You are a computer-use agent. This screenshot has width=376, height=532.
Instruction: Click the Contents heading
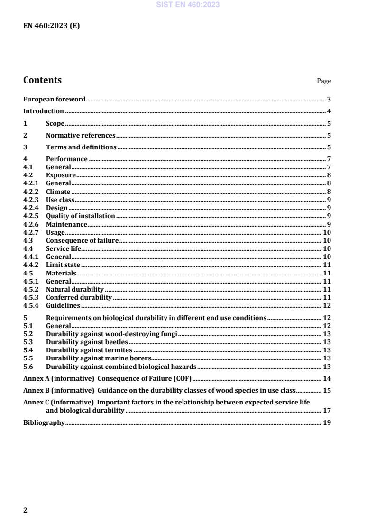[42, 80]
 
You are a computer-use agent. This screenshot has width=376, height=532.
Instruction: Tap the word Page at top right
[324, 81]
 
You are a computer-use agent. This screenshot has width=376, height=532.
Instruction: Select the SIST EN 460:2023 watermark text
[188, 5]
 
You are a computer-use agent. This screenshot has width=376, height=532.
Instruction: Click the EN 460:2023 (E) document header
[52, 26]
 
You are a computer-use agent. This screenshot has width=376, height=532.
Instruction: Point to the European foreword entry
[55, 100]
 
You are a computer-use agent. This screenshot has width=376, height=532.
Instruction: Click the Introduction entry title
[44, 111]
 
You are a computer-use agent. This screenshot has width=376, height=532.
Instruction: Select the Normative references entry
[81, 135]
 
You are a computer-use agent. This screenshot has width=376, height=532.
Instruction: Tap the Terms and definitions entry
[81, 147]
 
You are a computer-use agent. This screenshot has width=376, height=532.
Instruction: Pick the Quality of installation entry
[81, 216]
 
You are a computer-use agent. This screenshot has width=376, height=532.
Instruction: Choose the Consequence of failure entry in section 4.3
[82, 240]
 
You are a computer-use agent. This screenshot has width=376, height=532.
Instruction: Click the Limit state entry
[63, 265]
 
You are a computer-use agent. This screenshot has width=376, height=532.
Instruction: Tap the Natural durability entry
[74, 289]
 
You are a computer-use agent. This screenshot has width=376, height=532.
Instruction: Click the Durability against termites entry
[89, 350]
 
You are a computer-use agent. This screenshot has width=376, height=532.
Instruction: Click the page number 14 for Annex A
[327, 378]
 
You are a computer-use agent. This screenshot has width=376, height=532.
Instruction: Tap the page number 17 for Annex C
[327, 410]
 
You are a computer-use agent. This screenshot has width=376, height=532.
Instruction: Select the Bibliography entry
[44, 422]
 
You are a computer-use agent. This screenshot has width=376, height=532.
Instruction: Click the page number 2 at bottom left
[26, 510]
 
